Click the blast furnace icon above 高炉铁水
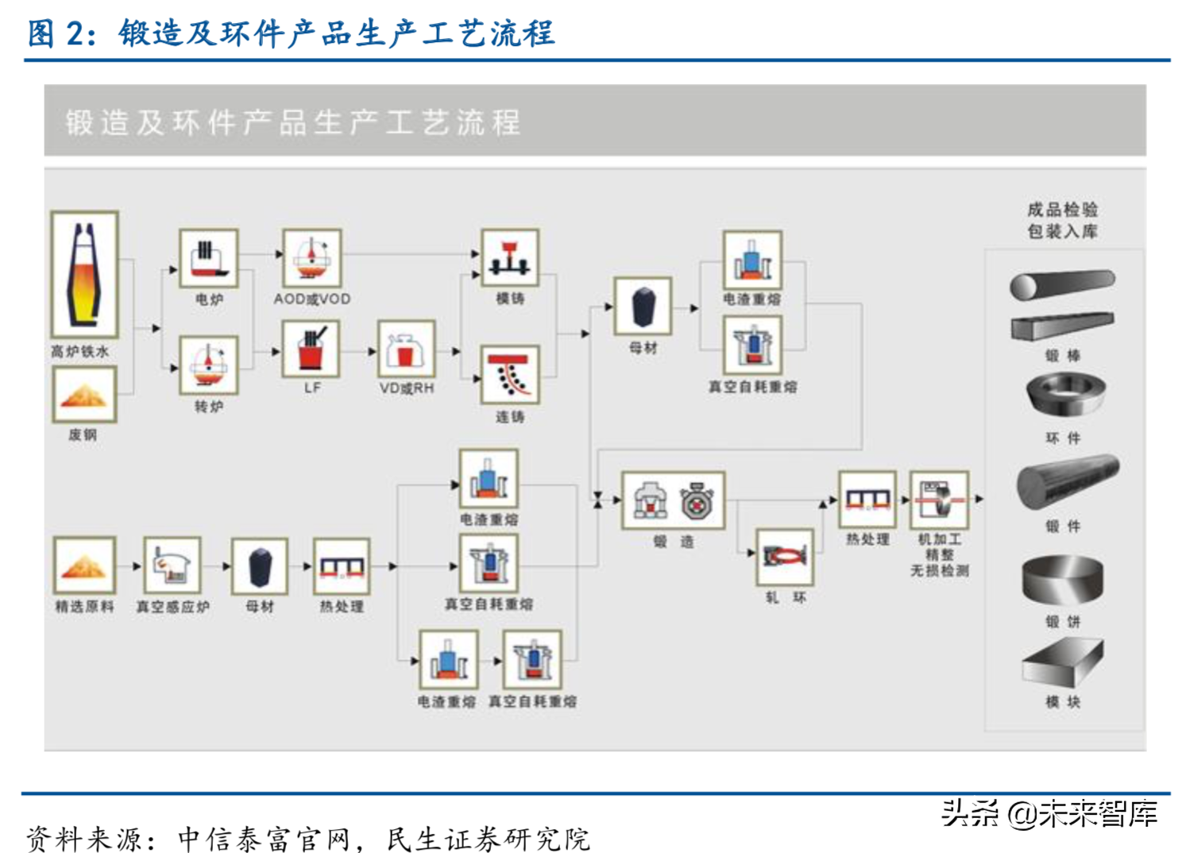coord(84,274)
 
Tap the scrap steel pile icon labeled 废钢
coord(84,394)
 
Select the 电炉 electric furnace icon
coord(208,258)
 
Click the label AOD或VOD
coord(311,299)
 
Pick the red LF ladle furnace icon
coord(311,349)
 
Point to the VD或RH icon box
coord(406,349)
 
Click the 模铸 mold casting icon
coord(510,257)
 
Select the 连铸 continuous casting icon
coord(510,374)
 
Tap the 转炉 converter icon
coord(208,365)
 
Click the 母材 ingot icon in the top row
coord(643,307)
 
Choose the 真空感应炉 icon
coord(172,565)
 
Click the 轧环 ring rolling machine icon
coord(785,556)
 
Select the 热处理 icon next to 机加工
coord(867,500)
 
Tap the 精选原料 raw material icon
coord(84,565)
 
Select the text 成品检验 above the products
coord(1062,210)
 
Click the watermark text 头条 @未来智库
coord(1049,813)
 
